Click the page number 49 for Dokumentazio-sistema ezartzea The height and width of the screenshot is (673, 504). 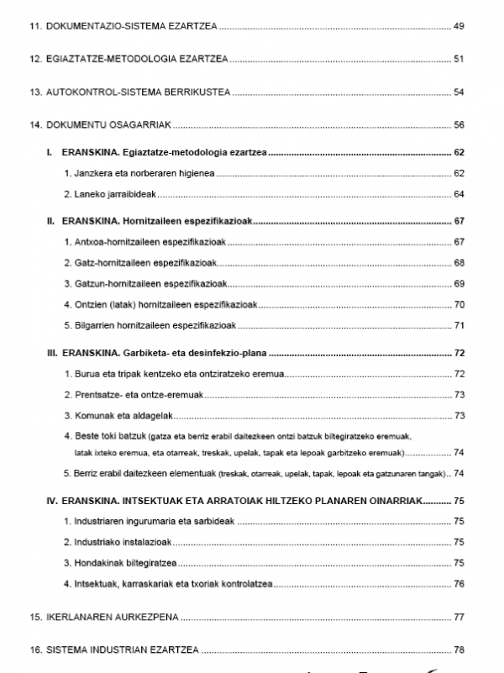click(459, 27)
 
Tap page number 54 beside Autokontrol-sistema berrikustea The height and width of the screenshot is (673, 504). click(459, 92)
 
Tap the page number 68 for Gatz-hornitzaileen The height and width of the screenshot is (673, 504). click(459, 263)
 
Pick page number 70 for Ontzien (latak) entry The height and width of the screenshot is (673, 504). click(459, 304)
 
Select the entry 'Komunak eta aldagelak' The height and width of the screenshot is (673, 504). click(119, 415)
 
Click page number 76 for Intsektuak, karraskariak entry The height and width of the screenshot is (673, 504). click(459, 583)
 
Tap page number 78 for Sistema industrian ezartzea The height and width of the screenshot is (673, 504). click(459, 649)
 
